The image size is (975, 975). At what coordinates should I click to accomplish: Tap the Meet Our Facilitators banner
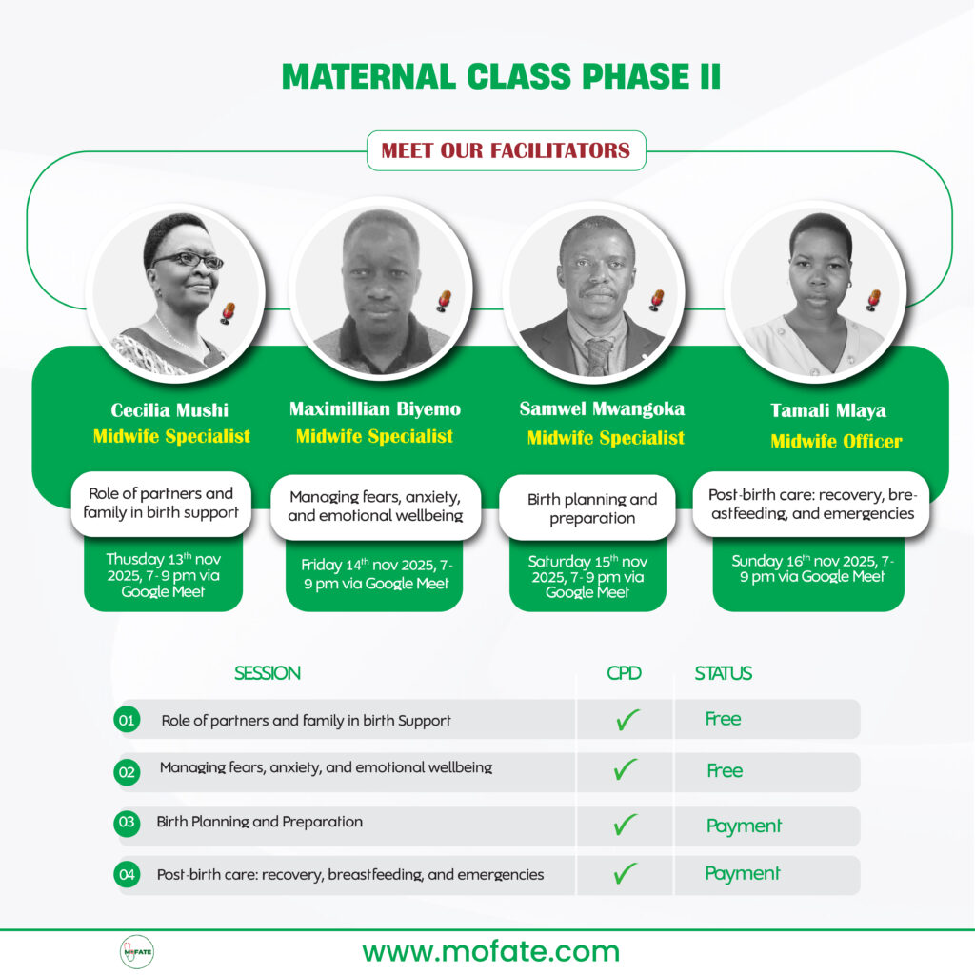(506, 150)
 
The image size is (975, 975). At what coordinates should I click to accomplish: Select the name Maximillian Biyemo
(374, 409)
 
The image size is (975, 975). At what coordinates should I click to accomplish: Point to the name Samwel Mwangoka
(602, 409)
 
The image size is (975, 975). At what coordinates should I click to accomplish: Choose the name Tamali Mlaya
(827, 410)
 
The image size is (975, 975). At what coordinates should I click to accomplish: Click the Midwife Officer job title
(836, 441)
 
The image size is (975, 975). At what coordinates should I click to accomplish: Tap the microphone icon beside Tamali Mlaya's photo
(872, 300)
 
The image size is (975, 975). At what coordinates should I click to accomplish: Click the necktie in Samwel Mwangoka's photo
(598, 356)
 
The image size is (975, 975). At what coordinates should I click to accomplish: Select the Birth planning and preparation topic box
(591, 508)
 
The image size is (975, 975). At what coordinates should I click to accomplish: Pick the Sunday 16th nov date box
(808, 567)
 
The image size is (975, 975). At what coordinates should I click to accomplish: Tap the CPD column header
(624, 673)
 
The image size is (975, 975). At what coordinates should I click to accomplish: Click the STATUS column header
(723, 673)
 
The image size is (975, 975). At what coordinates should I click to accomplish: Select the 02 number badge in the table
(127, 772)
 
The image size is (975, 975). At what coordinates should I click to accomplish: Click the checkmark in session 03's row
(626, 825)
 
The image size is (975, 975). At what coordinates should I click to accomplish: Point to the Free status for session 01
(723, 719)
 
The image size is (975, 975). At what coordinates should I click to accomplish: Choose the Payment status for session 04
(742, 873)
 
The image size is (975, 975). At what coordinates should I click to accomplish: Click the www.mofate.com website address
(490, 950)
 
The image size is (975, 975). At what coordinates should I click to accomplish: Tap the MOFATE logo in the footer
(137, 951)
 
